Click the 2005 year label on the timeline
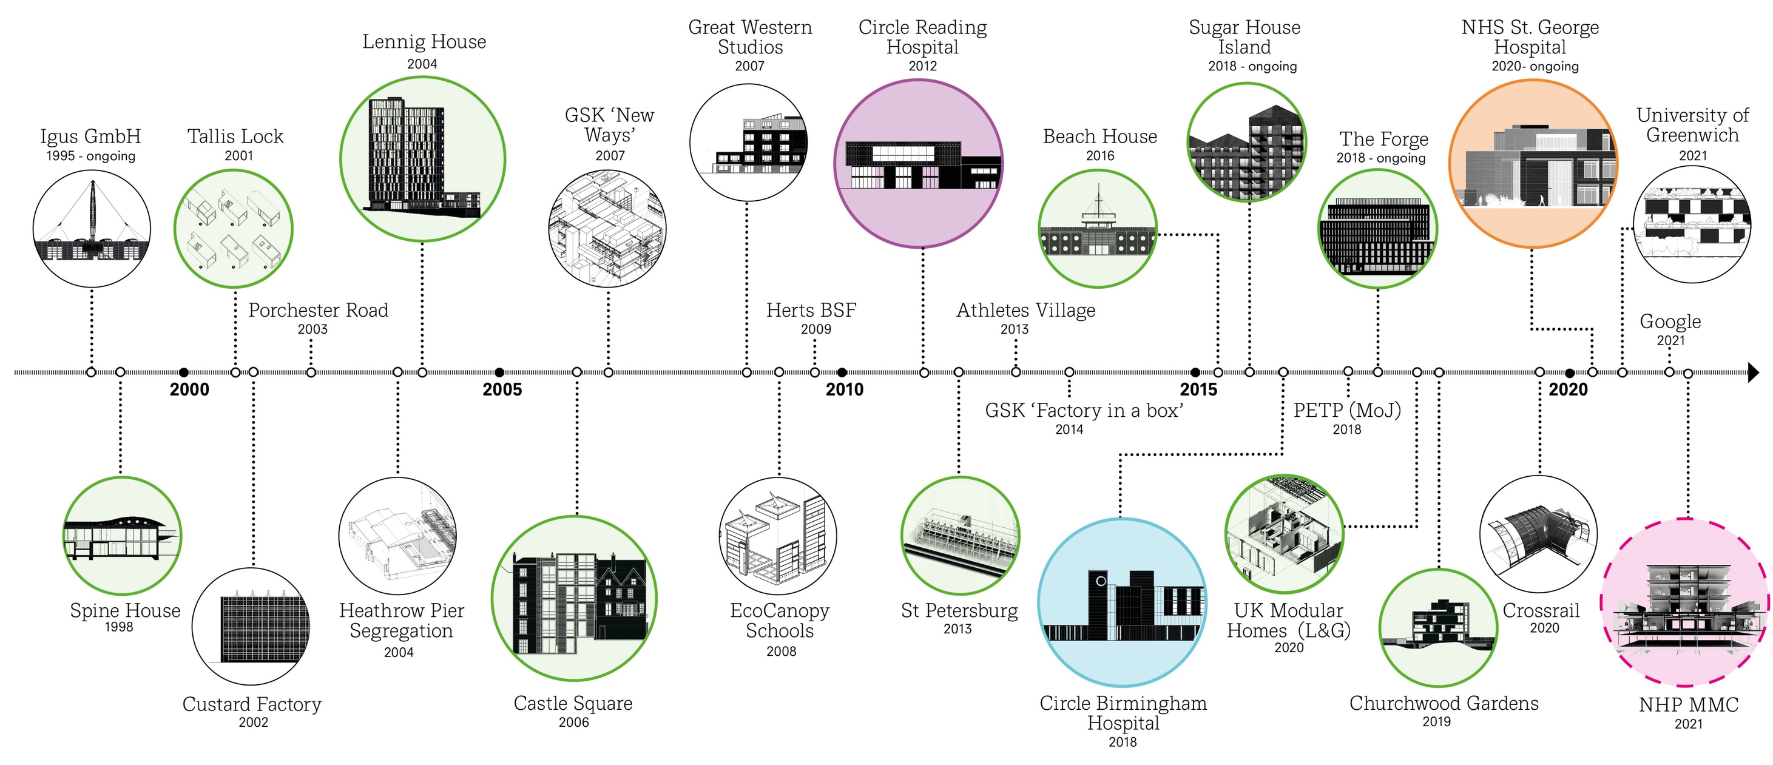pos(502,389)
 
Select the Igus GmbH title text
pos(91,136)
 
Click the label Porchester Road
pos(318,310)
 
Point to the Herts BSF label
pos(811,310)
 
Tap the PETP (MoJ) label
pos(1347,411)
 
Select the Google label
pos(1670,322)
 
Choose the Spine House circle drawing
pos(122,535)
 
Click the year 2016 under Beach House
pos(1100,156)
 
